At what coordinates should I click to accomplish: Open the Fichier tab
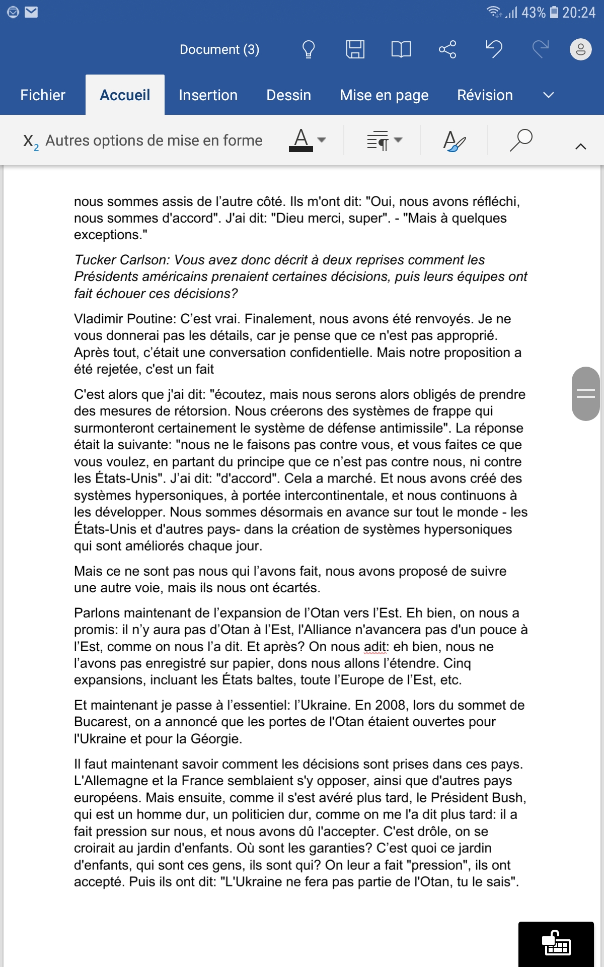[x=43, y=95]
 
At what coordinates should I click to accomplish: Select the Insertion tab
[x=208, y=95]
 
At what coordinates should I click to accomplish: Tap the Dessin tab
[x=288, y=95]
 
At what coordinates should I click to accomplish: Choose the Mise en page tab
[x=384, y=95]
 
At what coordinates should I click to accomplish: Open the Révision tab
[x=485, y=95]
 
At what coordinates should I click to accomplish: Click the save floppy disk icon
[x=355, y=49]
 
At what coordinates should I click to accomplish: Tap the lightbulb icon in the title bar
[x=308, y=49]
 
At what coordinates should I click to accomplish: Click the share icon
[x=447, y=49]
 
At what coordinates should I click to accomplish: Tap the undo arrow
[x=494, y=49]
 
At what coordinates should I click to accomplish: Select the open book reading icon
[x=401, y=49]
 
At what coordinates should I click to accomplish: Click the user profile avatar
[x=580, y=49]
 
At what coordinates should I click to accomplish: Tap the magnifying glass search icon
[x=521, y=140]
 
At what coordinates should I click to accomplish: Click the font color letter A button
[x=301, y=140]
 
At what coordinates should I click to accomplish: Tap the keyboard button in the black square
[x=556, y=944]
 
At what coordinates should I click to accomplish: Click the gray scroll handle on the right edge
[x=585, y=393]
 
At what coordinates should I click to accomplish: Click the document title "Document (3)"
[x=219, y=49]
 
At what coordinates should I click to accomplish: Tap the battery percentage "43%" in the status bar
[x=534, y=13]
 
